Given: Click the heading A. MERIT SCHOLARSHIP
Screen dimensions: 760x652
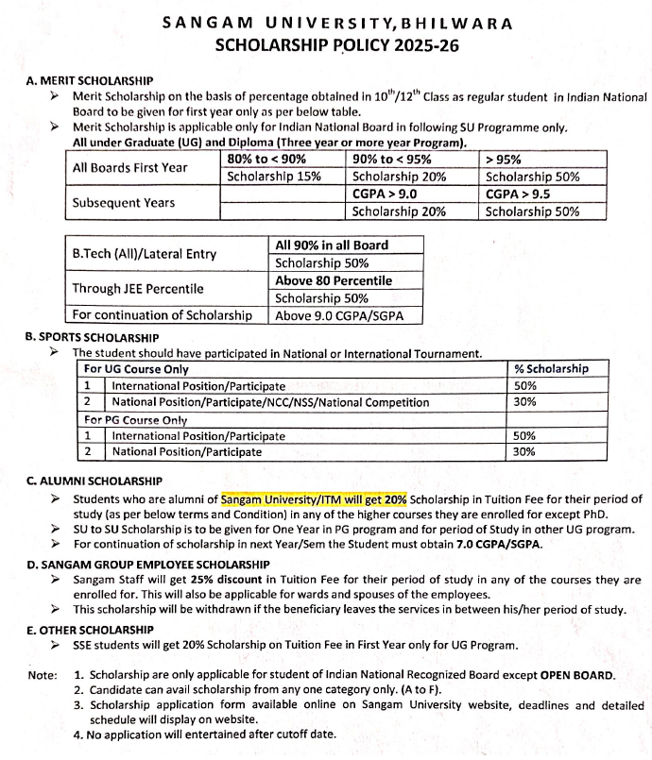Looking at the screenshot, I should tap(90, 82).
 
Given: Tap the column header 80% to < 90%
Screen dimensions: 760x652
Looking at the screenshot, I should tap(267, 160).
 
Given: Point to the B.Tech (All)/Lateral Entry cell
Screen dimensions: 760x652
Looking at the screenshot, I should tap(145, 254).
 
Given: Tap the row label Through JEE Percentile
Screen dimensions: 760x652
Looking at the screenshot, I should tap(137, 289).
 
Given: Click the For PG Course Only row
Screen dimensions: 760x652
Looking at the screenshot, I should tap(136, 419).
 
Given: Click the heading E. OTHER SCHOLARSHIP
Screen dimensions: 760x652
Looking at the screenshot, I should tap(89, 629).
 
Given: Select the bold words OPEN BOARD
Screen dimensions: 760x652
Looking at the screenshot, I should tap(576, 676).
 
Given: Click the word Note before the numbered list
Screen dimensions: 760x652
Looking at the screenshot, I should tap(43, 676).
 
